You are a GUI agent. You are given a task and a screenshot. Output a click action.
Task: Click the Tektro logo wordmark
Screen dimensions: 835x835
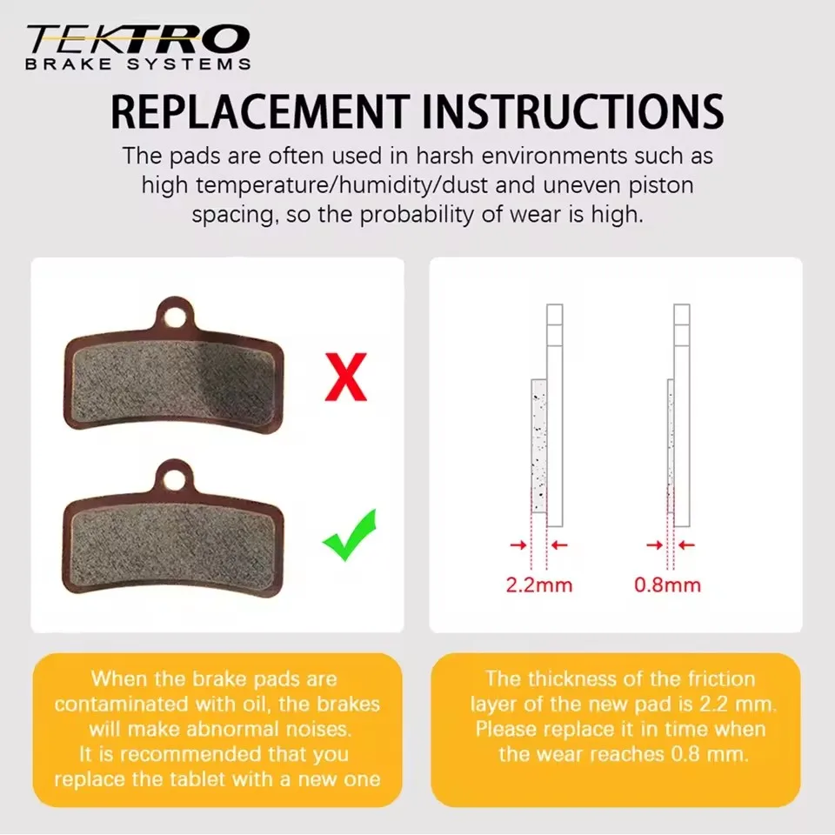(x=138, y=39)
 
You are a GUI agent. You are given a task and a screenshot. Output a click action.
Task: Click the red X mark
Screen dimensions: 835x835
(x=345, y=377)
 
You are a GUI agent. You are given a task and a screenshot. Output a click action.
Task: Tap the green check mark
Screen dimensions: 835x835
(x=350, y=536)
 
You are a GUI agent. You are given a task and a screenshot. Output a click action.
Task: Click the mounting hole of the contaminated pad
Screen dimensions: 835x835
(x=174, y=318)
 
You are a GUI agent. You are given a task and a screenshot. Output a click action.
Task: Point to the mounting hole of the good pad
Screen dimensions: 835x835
(x=174, y=481)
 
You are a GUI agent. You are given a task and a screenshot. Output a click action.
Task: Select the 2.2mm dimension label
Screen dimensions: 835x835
(x=539, y=585)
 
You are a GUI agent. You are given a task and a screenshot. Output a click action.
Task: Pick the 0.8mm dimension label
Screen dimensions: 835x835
(x=667, y=585)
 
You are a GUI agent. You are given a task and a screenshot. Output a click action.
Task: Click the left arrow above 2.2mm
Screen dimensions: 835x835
(x=518, y=544)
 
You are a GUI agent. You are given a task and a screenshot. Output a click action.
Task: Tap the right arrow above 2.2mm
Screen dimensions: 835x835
(x=559, y=544)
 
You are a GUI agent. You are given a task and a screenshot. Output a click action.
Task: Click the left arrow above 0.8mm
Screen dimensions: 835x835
(x=655, y=544)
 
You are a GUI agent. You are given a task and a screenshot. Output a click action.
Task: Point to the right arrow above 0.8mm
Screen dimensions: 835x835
(x=687, y=544)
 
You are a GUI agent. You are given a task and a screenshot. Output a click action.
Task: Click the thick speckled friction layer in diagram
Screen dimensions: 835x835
(x=539, y=446)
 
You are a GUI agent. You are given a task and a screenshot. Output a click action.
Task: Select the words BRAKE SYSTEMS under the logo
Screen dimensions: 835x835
(x=138, y=64)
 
